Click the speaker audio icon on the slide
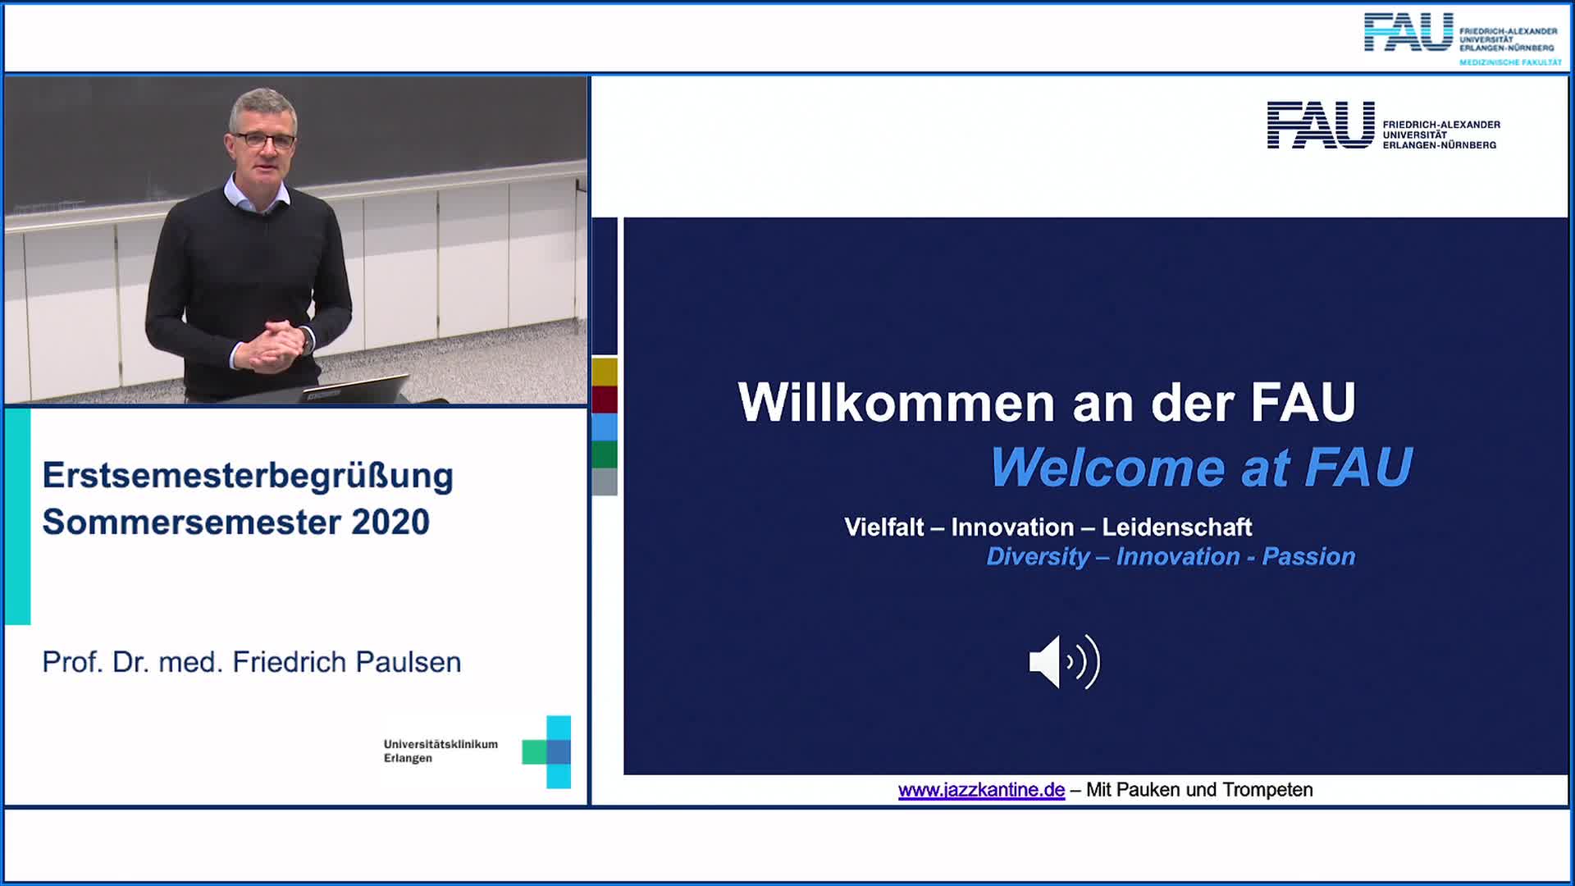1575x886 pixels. pyautogui.click(x=1064, y=661)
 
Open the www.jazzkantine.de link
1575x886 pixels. pyautogui.click(x=981, y=789)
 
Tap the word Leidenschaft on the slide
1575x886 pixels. pyautogui.click(x=1176, y=527)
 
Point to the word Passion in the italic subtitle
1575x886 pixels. pyautogui.click(x=1308, y=556)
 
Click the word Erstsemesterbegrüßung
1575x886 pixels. pyautogui.click(x=248, y=477)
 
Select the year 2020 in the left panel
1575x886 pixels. pyautogui.click(x=390, y=522)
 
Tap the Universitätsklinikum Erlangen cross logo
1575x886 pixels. pyautogui.click(x=547, y=751)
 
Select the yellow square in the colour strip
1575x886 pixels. pyautogui.click(x=605, y=372)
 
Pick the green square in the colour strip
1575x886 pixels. pyautogui.click(x=605, y=454)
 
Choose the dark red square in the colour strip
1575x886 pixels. pyautogui.click(x=605, y=400)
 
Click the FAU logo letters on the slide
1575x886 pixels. pyautogui.click(x=1321, y=125)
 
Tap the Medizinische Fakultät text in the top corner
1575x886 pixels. pyautogui.click(x=1510, y=62)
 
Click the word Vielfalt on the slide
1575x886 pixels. pyautogui.click(x=884, y=527)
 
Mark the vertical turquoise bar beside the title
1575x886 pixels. pyautogui.click(x=18, y=516)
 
